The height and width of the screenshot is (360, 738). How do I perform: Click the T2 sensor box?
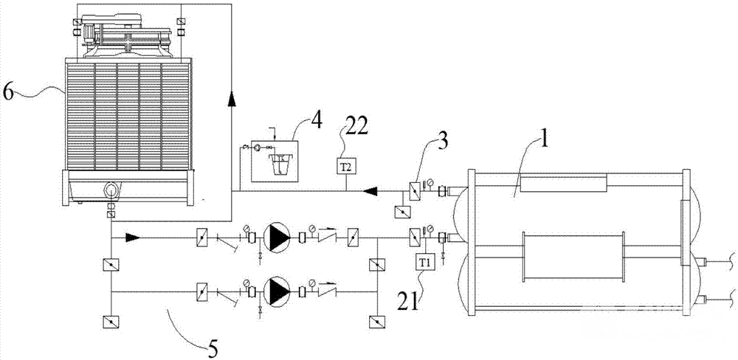click(x=348, y=166)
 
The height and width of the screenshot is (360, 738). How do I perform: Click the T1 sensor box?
click(x=423, y=261)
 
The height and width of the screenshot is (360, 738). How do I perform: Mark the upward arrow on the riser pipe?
click(x=231, y=100)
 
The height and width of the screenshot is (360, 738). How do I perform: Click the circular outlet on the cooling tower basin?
click(x=111, y=190)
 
